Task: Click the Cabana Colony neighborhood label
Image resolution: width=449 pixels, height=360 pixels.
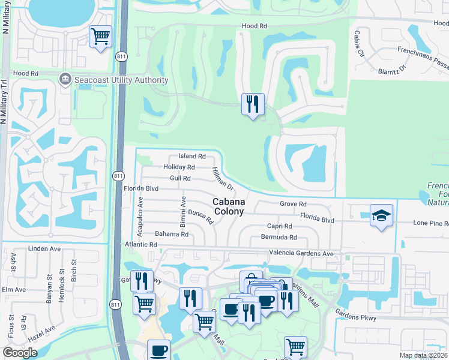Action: pyautogui.click(x=229, y=207)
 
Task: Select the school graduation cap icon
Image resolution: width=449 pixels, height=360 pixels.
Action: pyautogui.click(x=381, y=215)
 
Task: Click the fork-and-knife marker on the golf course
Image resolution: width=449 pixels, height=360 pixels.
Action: pyautogui.click(x=253, y=104)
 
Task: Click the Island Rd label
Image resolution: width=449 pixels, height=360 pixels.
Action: pyautogui.click(x=192, y=157)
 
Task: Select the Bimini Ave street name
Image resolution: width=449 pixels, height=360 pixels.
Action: pyautogui.click(x=184, y=207)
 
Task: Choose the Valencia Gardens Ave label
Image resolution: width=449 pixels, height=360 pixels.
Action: pyautogui.click(x=301, y=253)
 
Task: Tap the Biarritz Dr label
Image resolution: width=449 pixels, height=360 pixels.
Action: pyautogui.click(x=393, y=70)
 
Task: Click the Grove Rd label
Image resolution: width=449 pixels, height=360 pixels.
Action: pyautogui.click(x=293, y=204)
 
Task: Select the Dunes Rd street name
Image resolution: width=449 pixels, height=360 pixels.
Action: pyautogui.click(x=201, y=217)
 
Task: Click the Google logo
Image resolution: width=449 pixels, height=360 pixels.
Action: pyautogui.click(x=20, y=353)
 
